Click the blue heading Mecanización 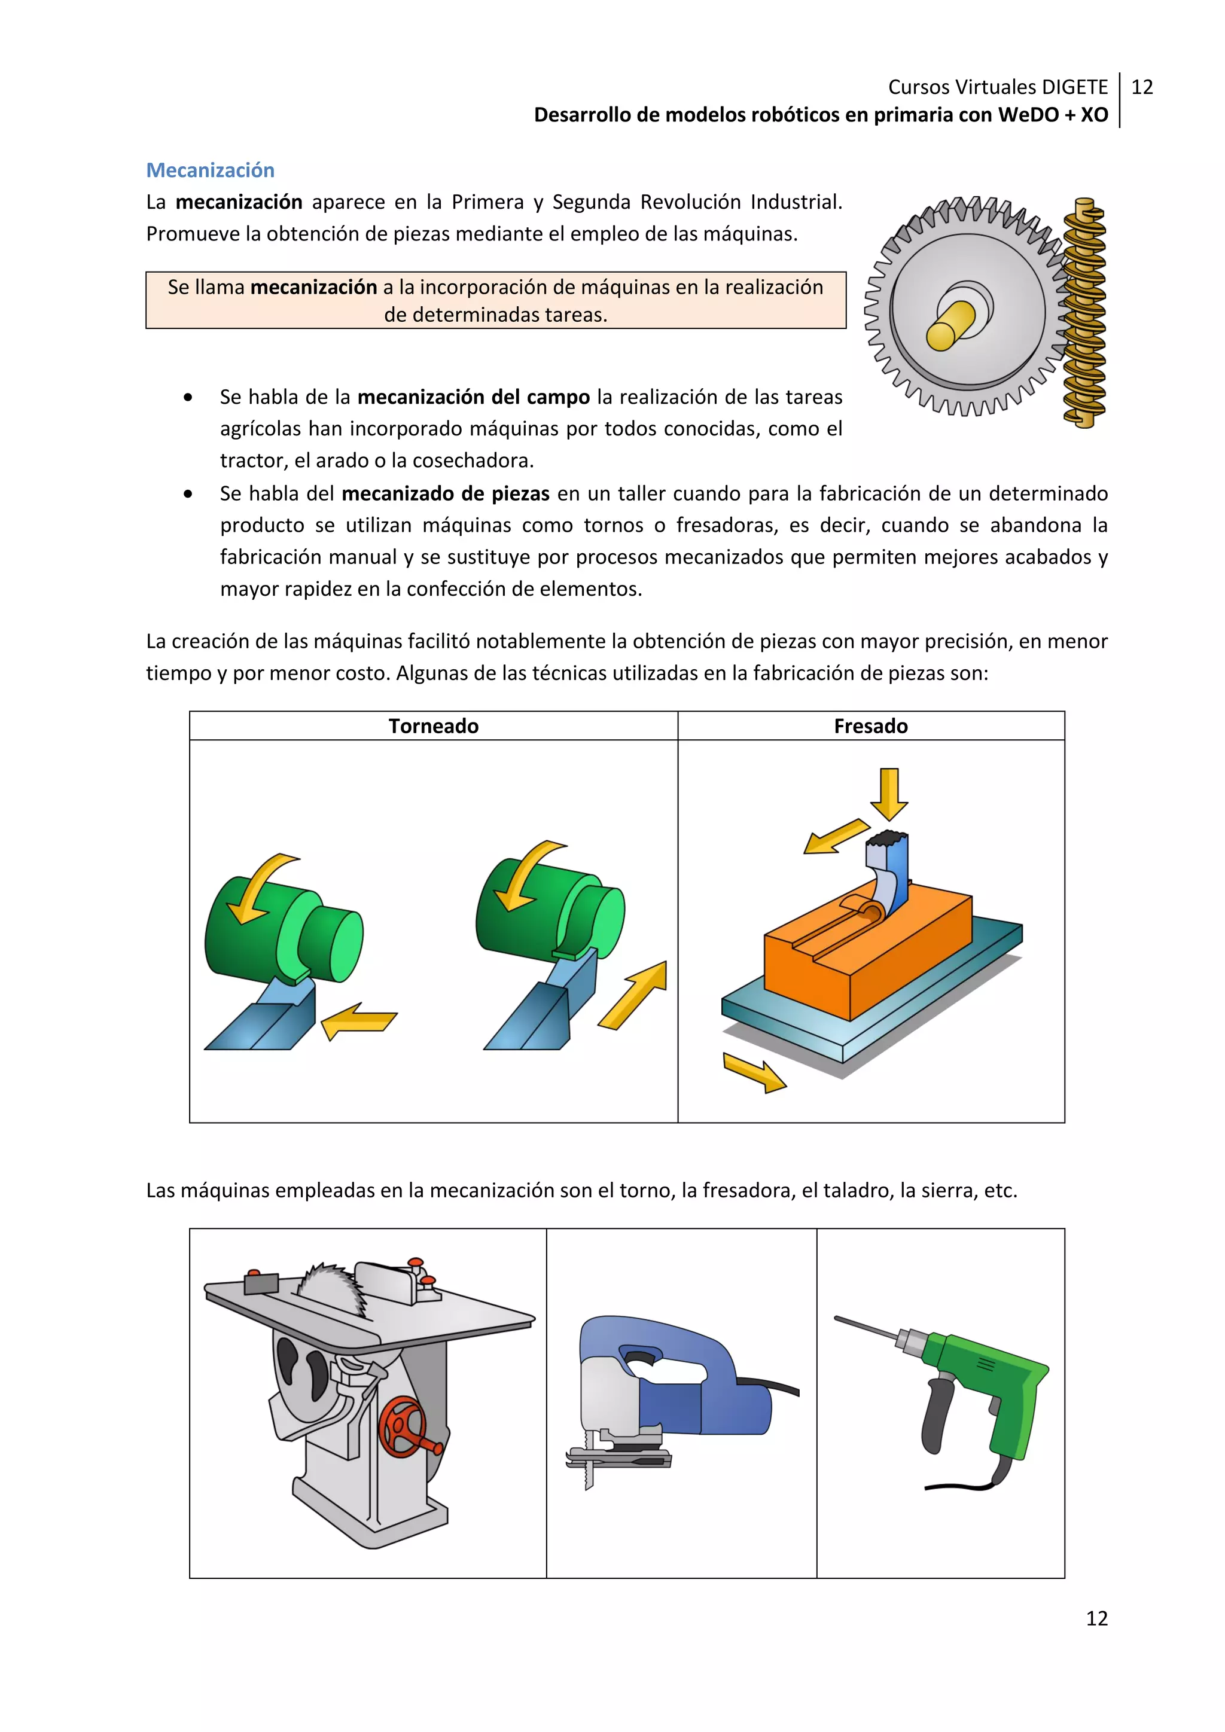[x=210, y=170]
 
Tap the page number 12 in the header [x=1142, y=87]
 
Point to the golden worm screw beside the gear [x=1084, y=313]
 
